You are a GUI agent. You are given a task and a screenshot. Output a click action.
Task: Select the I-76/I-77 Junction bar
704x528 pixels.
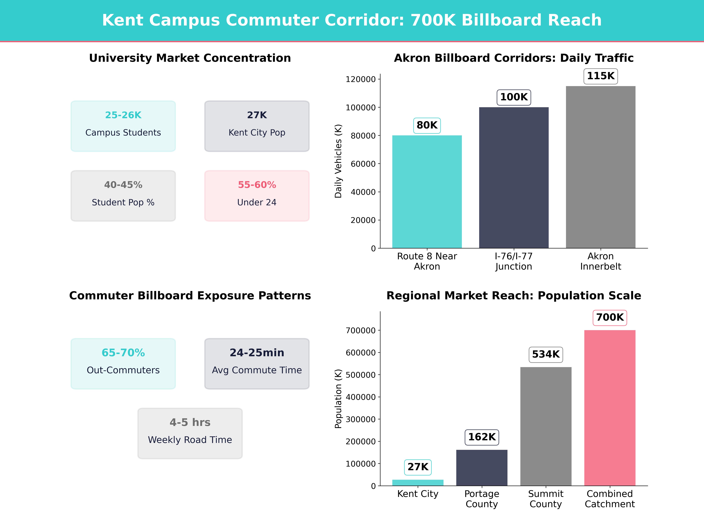point(514,178)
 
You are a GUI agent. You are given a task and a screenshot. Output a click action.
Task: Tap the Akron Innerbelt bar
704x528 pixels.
point(601,167)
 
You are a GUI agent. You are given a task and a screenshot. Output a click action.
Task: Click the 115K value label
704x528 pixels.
point(601,76)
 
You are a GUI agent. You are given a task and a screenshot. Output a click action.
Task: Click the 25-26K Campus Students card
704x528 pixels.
point(123,126)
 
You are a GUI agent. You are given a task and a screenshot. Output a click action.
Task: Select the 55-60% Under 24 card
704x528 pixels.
point(257,196)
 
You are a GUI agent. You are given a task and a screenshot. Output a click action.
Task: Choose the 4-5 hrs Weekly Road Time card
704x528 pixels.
point(190,433)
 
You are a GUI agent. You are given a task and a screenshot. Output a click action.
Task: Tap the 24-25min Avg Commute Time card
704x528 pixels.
point(257,363)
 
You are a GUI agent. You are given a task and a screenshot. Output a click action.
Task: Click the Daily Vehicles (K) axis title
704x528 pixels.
point(338,161)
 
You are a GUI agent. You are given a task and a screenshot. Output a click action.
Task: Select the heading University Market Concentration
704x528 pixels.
point(190,58)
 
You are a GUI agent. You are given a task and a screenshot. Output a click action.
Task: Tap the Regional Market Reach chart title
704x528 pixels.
point(514,296)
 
